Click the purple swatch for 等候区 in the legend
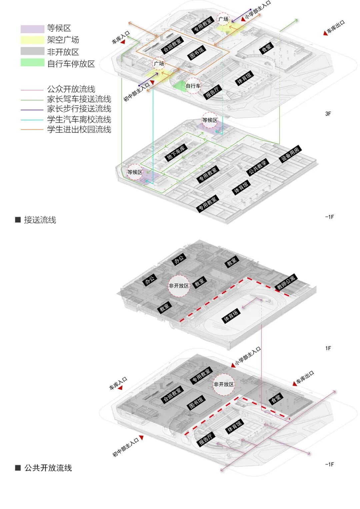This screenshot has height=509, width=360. pyautogui.click(x=32, y=29)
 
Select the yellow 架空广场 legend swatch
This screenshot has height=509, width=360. pyautogui.click(x=32, y=40)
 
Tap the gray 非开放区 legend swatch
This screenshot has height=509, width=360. pyautogui.click(x=32, y=51)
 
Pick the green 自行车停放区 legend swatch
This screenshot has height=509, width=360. pyautogui.click(x=32, y=63)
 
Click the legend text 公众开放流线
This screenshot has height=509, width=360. pyautogui.click(x=71, y=89)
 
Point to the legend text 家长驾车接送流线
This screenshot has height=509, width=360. pyautogui.click(x=79, y=99)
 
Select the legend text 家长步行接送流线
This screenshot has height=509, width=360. pyautogui.click(x=79, y=109)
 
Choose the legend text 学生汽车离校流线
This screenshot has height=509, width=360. pyautogui.click(x=79, y=120)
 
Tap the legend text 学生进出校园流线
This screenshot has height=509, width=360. pyautogui.click(x=79, y=130)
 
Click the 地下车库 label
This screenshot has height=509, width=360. pyautogui.click(x=176, y=153)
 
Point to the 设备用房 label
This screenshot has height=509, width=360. pyautogui.click(x=290, y=154)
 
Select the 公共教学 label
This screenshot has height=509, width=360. pyautogui.click(x=257, y=167)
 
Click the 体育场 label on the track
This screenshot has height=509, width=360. pyautogui.click(x=231, y=316)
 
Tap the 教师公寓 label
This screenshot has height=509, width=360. pyautogui.click(x=286, y=282)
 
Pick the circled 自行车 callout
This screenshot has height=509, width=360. pyautogui.click(x=193, y=86)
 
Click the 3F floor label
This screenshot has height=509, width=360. pyautogui.click(x=328, y=114)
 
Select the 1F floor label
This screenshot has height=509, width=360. pyautogui.click(x=328, y=348)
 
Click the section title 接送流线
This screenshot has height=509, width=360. pyautogui.click(x=40, y=220)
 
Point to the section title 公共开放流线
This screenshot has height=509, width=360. pyautogui.click(x=48, y=468)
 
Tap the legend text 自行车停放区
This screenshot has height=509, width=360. pyautogui.click(x=71, y=64)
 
